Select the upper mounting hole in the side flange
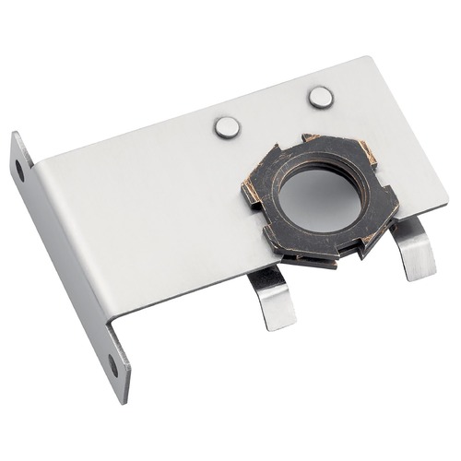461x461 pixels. [x=18, y=170]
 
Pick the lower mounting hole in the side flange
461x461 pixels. [x=113, y=365]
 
